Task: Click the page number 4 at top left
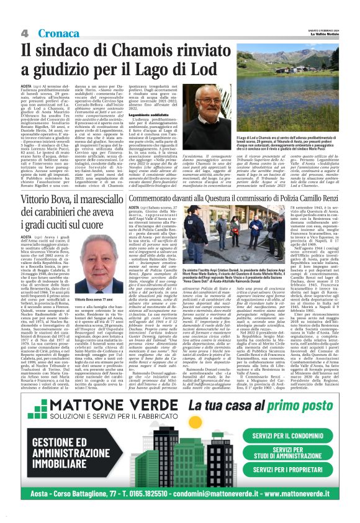tap(25, 32)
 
